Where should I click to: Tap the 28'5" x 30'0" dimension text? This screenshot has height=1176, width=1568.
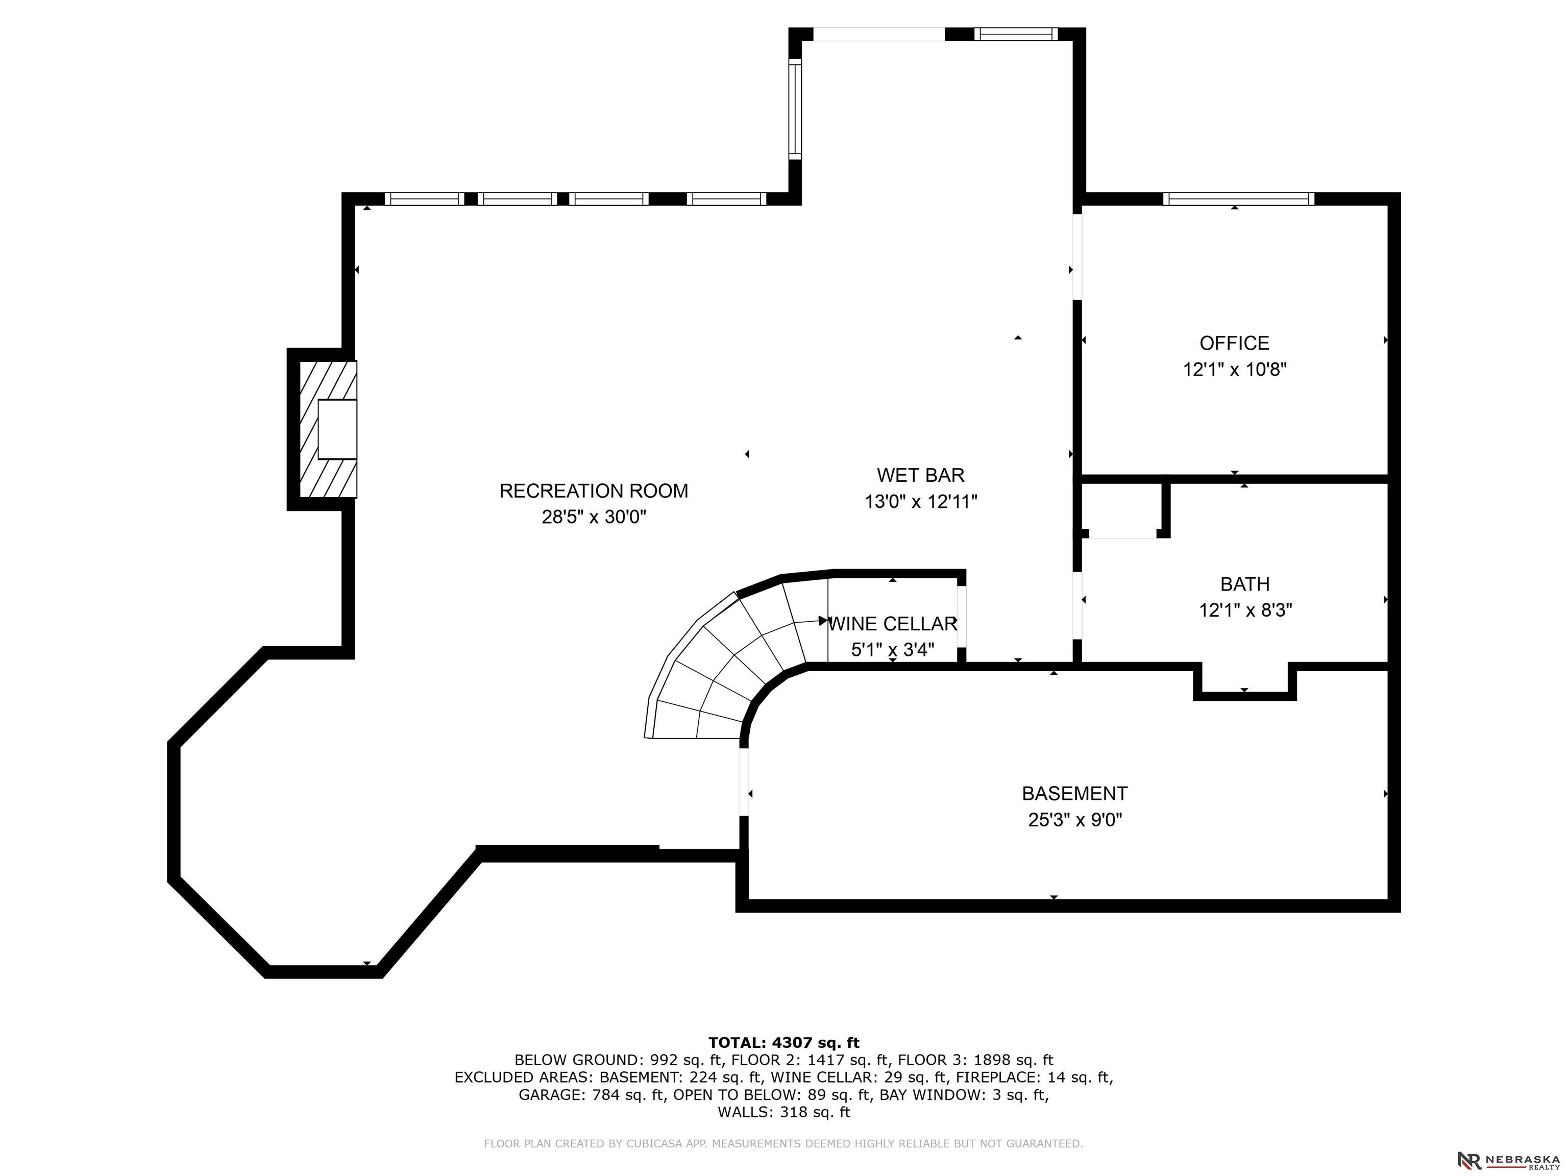point(594,517)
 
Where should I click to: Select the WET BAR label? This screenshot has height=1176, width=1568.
point(921,475)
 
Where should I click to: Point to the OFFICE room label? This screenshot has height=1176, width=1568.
point(1234,343)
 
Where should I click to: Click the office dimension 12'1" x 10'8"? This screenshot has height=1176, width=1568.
point(1235,370)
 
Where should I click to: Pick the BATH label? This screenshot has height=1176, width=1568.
point(1245,584)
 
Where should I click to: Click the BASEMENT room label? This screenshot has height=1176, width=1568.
point(1074,793)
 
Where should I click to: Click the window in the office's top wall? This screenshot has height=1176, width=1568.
point(1238,199)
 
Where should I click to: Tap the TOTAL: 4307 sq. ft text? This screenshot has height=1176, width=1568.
point(783,1043)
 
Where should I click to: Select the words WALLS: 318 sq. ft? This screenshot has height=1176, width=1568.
point(783,1112)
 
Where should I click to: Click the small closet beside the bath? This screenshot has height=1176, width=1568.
point(1122,509)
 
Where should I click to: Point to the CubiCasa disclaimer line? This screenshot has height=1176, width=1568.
point(783,1143)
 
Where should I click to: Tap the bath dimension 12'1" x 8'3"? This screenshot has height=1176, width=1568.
point(1245,610)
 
